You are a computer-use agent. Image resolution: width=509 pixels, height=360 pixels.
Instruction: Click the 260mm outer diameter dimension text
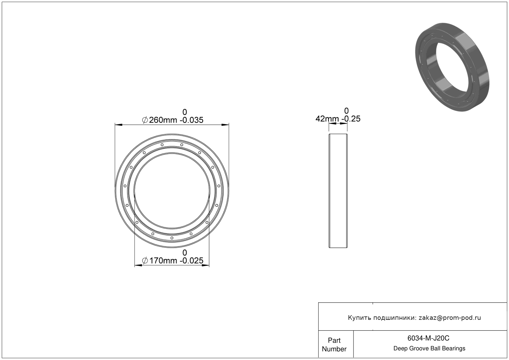tap(163, 120)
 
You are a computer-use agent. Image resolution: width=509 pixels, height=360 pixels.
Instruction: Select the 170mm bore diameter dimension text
tap(163, 260)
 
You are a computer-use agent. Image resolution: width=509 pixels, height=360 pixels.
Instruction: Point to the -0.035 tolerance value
tap(191, 120)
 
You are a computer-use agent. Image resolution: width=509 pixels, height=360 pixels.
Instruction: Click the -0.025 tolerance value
tap(191, 260)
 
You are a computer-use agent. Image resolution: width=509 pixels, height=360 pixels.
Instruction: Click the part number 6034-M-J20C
tap(428, 338)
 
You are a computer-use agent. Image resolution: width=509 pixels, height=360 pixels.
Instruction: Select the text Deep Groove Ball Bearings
tap(429, 349)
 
